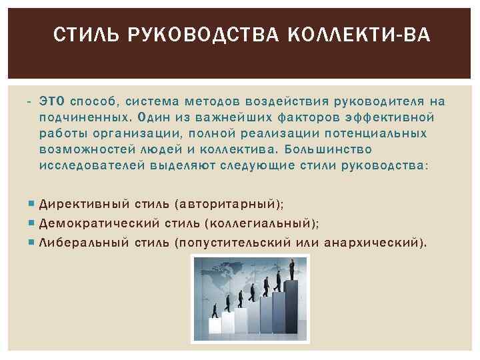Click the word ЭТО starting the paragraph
pos(51,102)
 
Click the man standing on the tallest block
pos(291,269)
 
